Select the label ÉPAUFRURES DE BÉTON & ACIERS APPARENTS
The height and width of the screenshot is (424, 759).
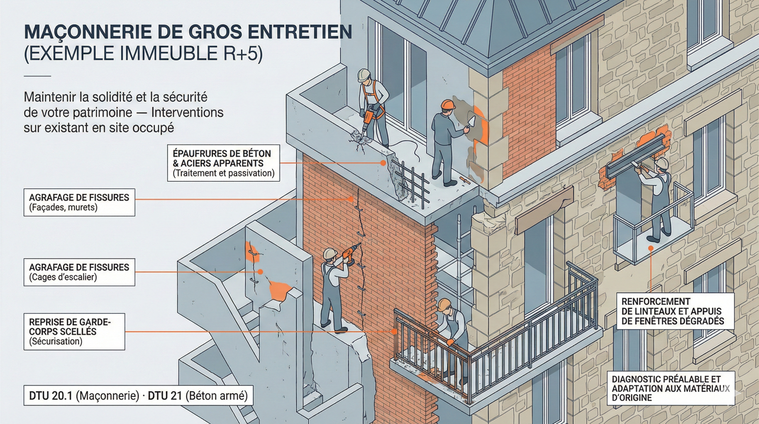[223, 163]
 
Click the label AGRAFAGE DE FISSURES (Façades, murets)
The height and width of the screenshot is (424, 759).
[79, 202]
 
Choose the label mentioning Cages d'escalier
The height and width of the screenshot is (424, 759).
[79, 272]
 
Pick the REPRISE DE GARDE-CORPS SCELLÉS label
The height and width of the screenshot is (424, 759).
[74, 331]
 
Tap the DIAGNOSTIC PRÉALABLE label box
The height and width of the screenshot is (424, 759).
[670, 388]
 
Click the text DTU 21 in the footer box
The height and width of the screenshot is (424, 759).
[165, 396]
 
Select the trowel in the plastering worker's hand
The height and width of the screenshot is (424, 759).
[470, 122]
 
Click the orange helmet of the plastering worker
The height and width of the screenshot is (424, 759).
[447, 104]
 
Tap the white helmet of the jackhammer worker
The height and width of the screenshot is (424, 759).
[364, 75]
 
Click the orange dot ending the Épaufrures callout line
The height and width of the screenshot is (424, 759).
[383, 163]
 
